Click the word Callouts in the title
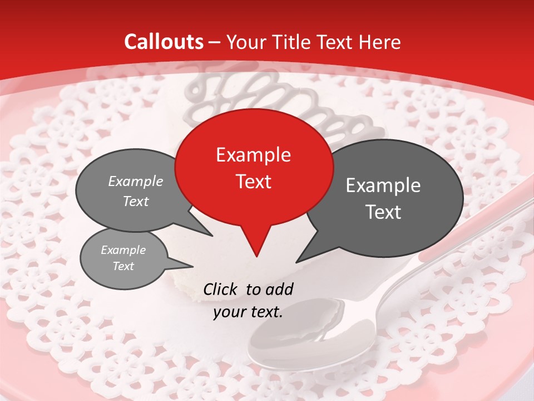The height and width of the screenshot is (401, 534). click(x=164, y=42)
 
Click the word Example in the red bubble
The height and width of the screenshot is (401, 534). click(x=253, y=155)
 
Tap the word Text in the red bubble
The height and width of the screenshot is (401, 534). click(x=253, y=182)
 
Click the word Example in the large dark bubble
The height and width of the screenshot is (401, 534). click(x=383, y=185)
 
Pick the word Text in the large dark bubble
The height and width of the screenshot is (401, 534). click(x=383, y=212)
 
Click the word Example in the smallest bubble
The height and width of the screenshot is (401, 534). click(x=123, y=250)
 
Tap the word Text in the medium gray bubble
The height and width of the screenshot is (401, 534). click(x=136, y=202)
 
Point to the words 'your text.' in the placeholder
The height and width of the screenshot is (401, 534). click(x=248, y=312)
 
